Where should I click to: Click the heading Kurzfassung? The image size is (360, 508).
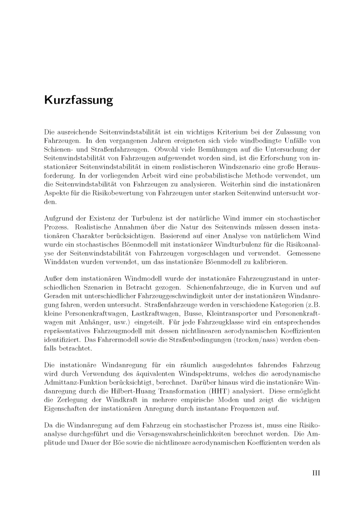click(x=78, y=100)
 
